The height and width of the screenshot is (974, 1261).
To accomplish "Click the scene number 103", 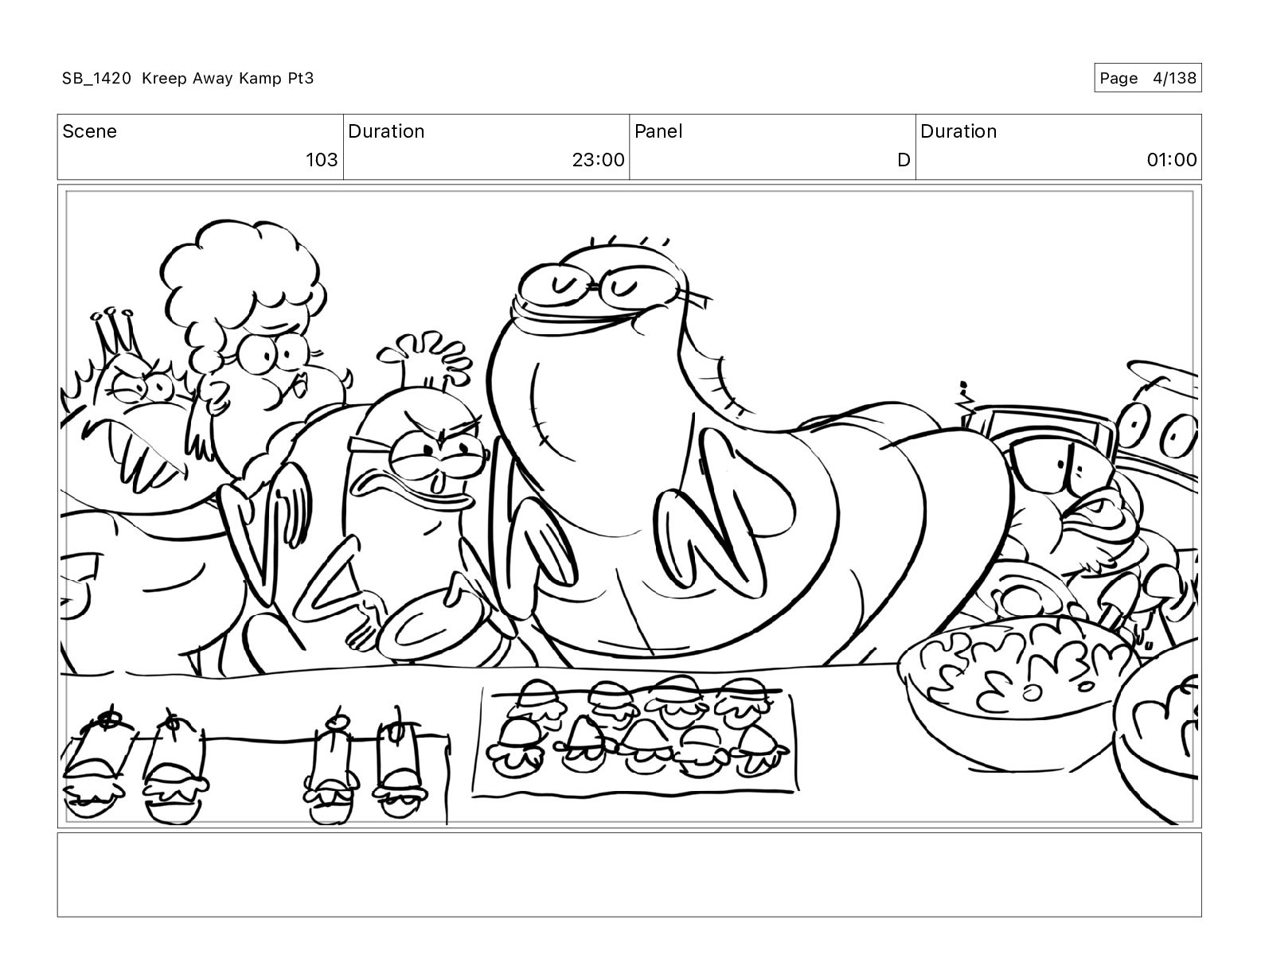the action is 322,159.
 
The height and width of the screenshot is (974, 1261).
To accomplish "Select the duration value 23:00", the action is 598,159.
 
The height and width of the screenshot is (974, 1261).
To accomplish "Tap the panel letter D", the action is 903,159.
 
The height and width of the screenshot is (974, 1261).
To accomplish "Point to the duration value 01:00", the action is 1172,159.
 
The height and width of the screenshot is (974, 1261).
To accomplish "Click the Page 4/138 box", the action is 1147,78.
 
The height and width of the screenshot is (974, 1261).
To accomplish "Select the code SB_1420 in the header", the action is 97,78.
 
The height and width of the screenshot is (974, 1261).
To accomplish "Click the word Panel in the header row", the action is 658,131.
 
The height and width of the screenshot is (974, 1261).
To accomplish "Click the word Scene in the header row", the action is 89,131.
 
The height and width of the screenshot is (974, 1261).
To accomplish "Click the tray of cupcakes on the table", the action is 634,739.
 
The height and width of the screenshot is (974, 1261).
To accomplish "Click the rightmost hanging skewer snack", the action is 400,765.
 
